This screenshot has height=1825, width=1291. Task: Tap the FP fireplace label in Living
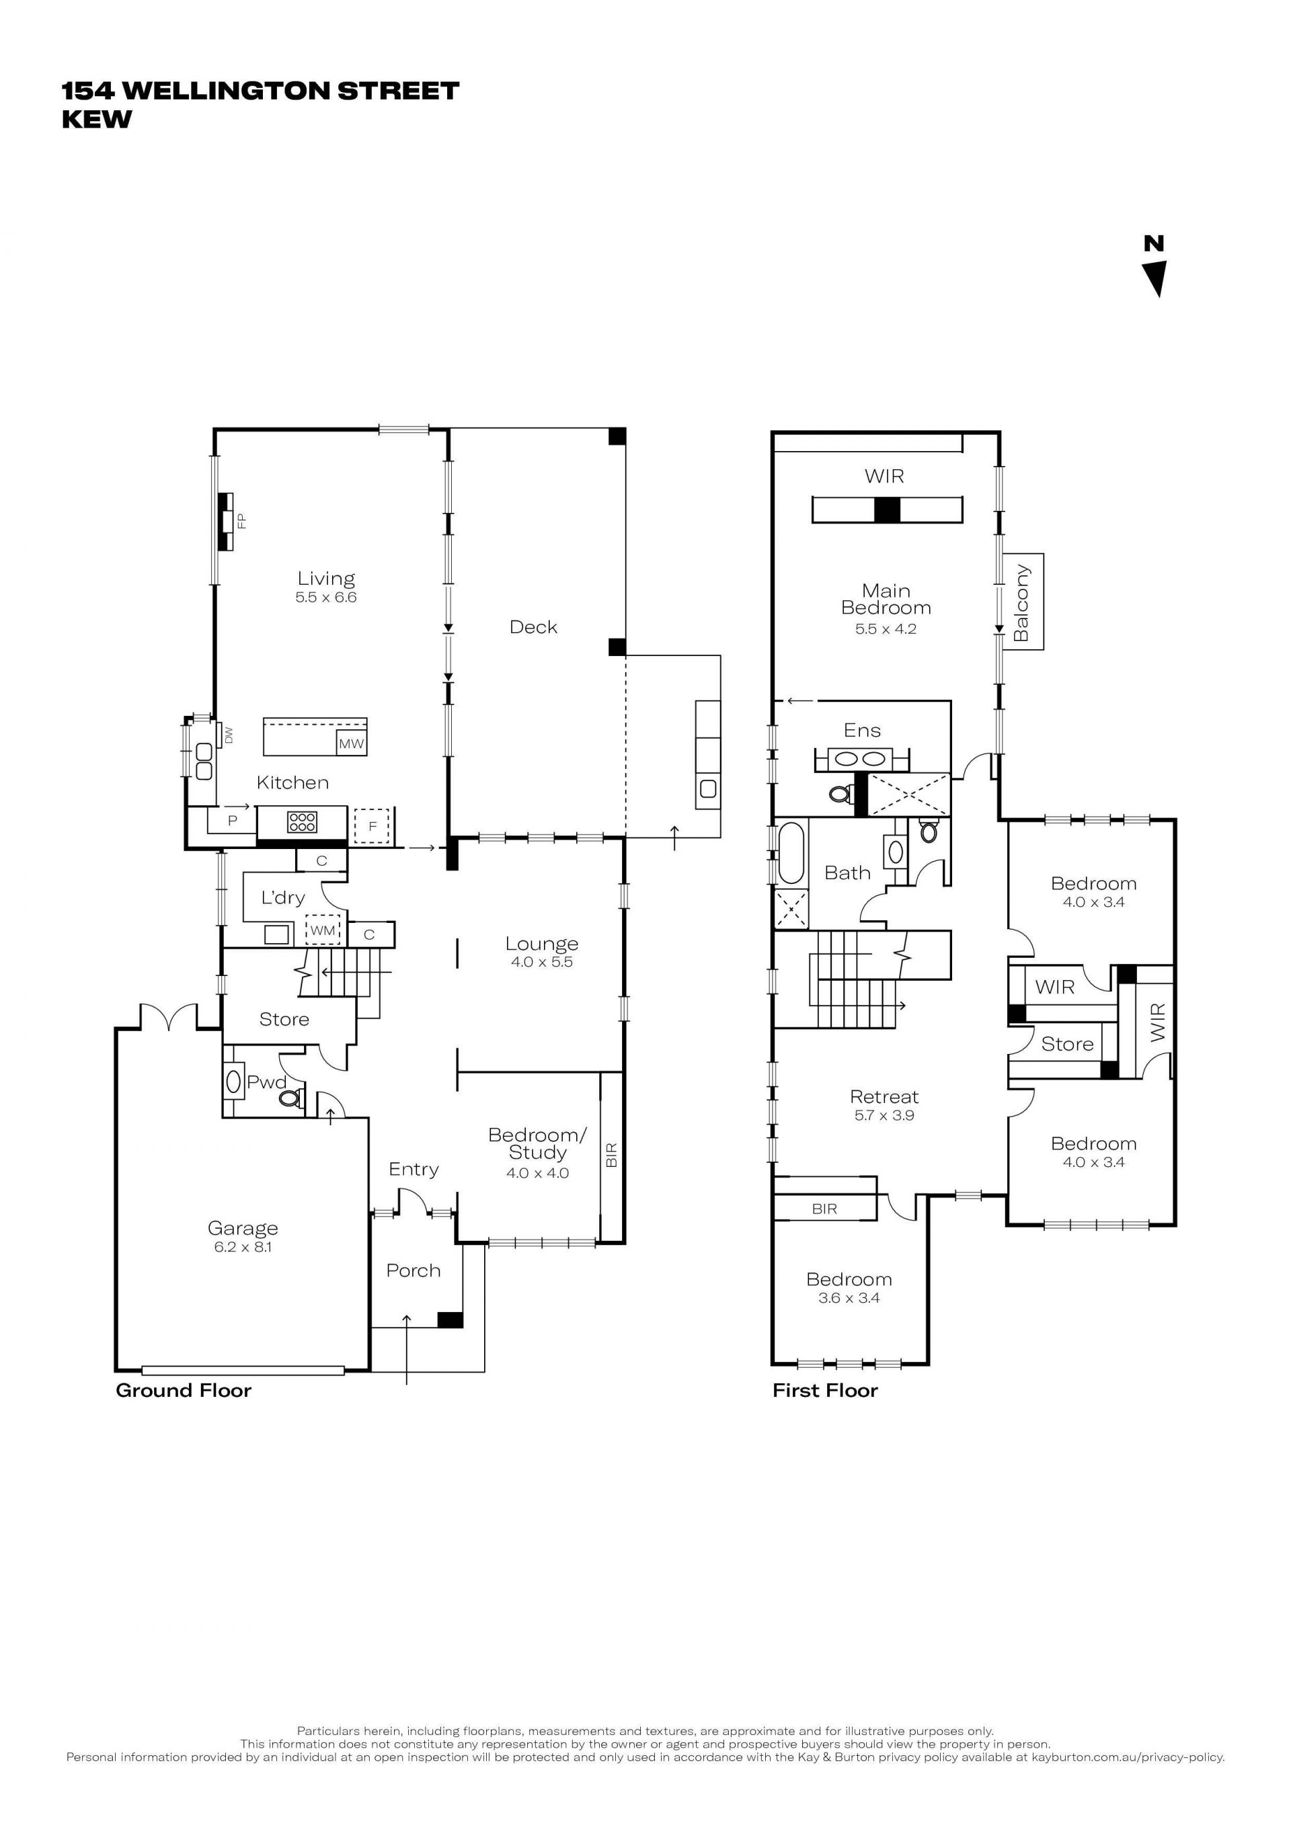click(241, 522)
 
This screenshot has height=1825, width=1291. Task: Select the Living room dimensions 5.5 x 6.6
click(326, 597)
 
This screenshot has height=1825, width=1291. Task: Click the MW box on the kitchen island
click(352, 743)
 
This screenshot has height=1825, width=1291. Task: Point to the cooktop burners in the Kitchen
click(302, 821)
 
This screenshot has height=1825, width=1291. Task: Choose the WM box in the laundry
click(323, 930)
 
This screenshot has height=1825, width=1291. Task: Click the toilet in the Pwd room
click(291, 1098)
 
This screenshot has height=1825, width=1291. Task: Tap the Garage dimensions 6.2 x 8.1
click(243, 1247)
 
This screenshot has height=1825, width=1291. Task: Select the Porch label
click(414, 1270)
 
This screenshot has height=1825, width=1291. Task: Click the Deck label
click(533, 627)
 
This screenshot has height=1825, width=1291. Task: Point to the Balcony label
click(1021, 602)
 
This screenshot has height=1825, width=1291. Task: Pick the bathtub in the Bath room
click(792, 853)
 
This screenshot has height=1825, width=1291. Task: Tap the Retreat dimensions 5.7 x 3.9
click(885, 1115)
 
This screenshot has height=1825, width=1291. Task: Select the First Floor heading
click(825, 1390)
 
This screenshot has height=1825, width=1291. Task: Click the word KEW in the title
click(97, 119)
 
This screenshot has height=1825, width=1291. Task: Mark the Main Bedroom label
click(886, 600)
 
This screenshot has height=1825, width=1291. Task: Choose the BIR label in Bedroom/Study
click(611, 1154)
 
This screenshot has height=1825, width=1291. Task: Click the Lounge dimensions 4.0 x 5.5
click(542, 962)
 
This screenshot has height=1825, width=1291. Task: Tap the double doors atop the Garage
click(169, 1015)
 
